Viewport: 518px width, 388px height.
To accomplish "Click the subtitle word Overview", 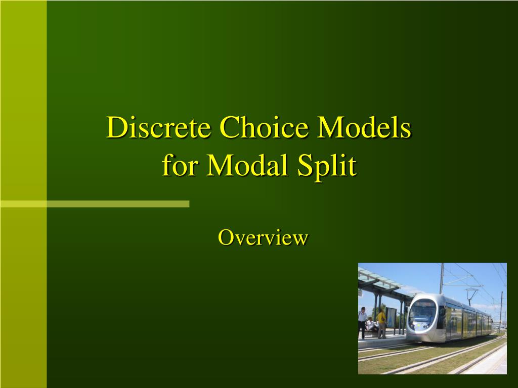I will (263, 237).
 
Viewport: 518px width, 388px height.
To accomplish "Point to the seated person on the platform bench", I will (371, 324).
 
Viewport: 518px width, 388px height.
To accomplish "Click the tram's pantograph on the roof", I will (472, 293).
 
